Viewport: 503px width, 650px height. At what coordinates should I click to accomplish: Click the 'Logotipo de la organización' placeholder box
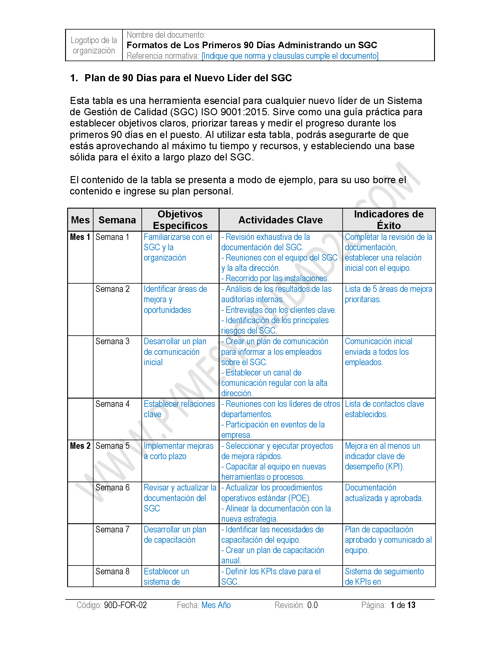click(x=93, y=45)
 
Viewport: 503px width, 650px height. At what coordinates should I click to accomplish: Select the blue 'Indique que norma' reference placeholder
click(x=290, y=56)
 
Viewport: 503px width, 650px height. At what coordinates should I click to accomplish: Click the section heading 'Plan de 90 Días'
click(x=188, y=78)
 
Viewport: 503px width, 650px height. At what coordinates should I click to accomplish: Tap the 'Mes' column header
click(x=80, y=220)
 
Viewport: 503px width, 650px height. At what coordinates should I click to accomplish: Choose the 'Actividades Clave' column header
click(x=280, y=220)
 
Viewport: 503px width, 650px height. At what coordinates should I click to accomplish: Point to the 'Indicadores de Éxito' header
click(x=388, y=220)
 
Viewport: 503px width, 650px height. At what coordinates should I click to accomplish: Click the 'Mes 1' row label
click(x=80, y=237)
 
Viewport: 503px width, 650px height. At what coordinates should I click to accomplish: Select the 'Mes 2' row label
click(x=80, y=446)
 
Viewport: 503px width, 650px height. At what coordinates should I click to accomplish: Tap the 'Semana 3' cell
click(x=112, y=341)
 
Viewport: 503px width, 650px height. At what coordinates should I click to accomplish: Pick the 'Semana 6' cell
click(x=112, y=487)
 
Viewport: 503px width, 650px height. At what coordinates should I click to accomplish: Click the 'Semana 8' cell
click(x=112, y=571)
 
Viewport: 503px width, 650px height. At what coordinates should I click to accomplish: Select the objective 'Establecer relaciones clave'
click(x=179, y=409)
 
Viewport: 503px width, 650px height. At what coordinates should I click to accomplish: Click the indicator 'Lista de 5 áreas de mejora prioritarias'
click(x=388, y=294)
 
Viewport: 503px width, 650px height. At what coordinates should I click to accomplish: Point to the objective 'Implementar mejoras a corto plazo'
click(x=178, y=451)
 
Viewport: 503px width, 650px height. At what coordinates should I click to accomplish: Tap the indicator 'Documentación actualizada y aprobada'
click(x=383, y=493)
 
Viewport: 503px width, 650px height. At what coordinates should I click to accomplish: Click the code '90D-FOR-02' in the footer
click(x=125, y=605)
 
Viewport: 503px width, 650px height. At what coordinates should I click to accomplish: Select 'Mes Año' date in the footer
click(x=216, y=605)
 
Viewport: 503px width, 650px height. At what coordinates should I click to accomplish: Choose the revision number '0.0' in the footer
click(x=312, y=605)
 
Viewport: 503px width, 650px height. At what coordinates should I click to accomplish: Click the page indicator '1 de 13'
click(x=403, y=605)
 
